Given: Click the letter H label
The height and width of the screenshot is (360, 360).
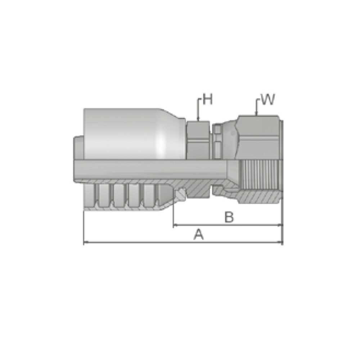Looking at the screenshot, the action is (208, 99).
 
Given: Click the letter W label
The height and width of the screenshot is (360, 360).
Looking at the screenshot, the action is (268, 99).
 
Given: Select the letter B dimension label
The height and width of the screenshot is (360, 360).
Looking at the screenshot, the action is (229, 217).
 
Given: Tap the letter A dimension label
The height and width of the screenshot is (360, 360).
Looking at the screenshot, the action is (199, 234).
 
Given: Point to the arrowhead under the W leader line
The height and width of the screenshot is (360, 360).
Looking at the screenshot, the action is (256, 113).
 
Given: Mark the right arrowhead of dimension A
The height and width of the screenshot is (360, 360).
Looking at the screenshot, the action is (280, 242).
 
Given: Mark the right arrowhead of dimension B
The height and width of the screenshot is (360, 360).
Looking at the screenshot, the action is (280, 225).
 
